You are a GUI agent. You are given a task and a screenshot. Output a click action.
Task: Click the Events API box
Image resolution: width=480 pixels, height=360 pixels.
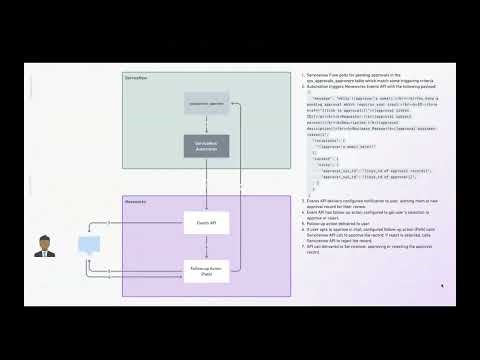click(207, 221)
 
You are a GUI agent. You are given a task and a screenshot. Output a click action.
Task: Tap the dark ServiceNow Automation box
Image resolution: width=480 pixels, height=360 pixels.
click(207, 146)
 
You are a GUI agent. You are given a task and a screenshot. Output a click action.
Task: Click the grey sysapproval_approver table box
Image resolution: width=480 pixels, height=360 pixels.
click(207, 102)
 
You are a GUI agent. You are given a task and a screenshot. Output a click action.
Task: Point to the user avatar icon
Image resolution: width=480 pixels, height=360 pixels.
click(43, 246)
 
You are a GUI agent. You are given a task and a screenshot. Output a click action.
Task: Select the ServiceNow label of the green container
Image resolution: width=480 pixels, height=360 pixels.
click(136, 77)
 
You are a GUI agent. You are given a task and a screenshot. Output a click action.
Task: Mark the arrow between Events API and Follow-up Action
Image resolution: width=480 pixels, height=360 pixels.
click(207, 244)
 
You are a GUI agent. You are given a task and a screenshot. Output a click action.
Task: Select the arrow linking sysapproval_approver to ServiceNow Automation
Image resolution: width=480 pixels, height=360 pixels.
click(207, 123)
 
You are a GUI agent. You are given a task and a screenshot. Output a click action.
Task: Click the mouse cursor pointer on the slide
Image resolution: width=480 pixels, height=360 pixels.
click(442, 286)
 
